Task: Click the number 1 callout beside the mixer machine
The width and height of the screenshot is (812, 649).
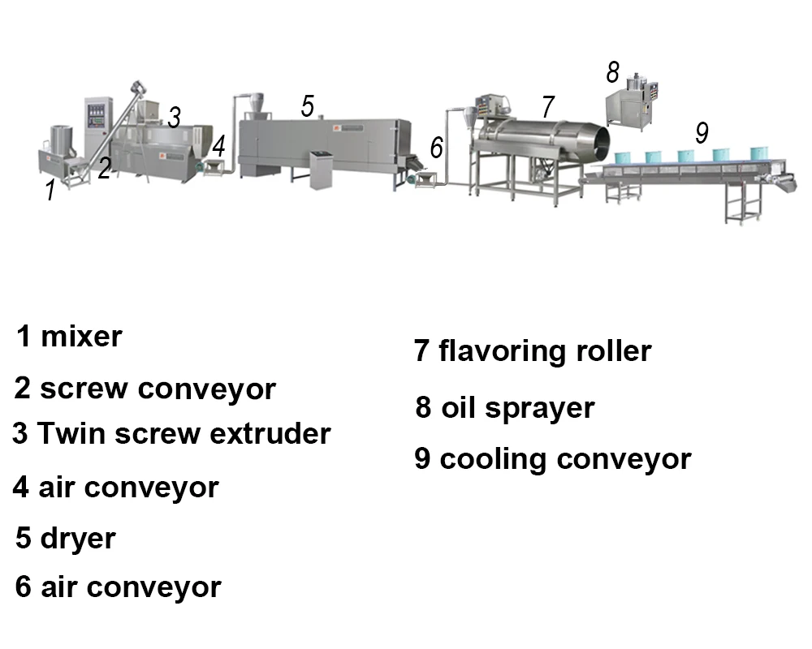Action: coord(50,191)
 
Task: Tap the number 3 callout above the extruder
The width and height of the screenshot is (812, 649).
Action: coord(174,117)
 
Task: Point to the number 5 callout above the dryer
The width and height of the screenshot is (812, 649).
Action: coord(307,106)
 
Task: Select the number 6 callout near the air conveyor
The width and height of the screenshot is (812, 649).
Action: coord(437,148)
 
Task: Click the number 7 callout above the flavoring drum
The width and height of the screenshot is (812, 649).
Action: coord(548,106)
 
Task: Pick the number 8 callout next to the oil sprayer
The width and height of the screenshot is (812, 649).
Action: coord(612,73)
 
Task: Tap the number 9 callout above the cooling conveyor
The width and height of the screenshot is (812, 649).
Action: coord(702,132)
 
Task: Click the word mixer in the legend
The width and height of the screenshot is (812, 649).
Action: coord(81,335)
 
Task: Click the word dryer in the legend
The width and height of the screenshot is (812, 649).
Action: coord(78,538)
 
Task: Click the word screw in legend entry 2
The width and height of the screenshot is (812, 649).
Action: coord(84,389)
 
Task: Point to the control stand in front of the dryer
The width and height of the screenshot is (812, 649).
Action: coord(322,168)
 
